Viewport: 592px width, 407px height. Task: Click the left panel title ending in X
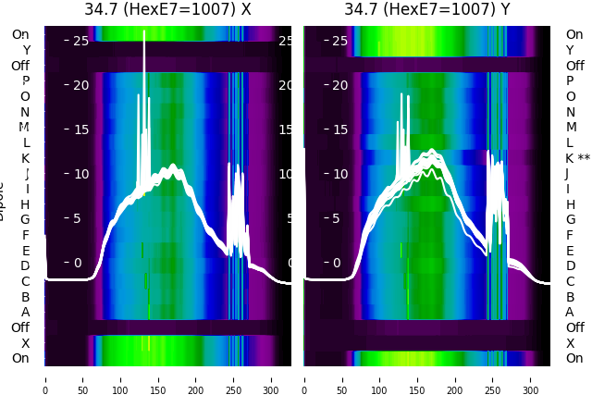pyautogui.click(x=167, y=10)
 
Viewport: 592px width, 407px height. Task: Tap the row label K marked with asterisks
pyautogui.click(x=578, y=158)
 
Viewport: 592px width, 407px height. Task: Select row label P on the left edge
pyautogui.click(x=26, y=81)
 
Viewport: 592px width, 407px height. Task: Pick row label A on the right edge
pyautogui.click(x=570, y=312)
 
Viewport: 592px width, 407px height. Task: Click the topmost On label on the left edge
pyautogui.click(x=20, y=35)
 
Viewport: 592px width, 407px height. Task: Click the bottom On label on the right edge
pyautogui.click(x=574, y=358)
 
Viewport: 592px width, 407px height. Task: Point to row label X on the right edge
pyautogui.click(x=570, y=343)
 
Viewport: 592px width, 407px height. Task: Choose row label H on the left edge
pyautogui.click(x=26, y=204)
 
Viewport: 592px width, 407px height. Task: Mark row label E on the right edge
pyautogui.click(x=570, y=251)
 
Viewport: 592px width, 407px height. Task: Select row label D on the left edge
pyautogui.click(x=26, y=266)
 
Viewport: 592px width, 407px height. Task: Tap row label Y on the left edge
pyautogui.click(x=26, y=51)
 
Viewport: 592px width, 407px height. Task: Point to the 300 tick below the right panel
pyautogui.click(x=531, y=379)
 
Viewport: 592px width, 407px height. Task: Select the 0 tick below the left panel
pyautogui.click(x=45, y=379)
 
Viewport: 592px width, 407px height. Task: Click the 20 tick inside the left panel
pyautogui.click(x=80, y=85)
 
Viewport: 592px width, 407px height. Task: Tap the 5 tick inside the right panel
pyautogui.click(x=339, y=218)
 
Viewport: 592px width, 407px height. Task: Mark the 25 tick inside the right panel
pyautogui.click(x=339, y=41)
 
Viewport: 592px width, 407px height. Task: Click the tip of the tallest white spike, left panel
pyautogui.click(x=144, y=31)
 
